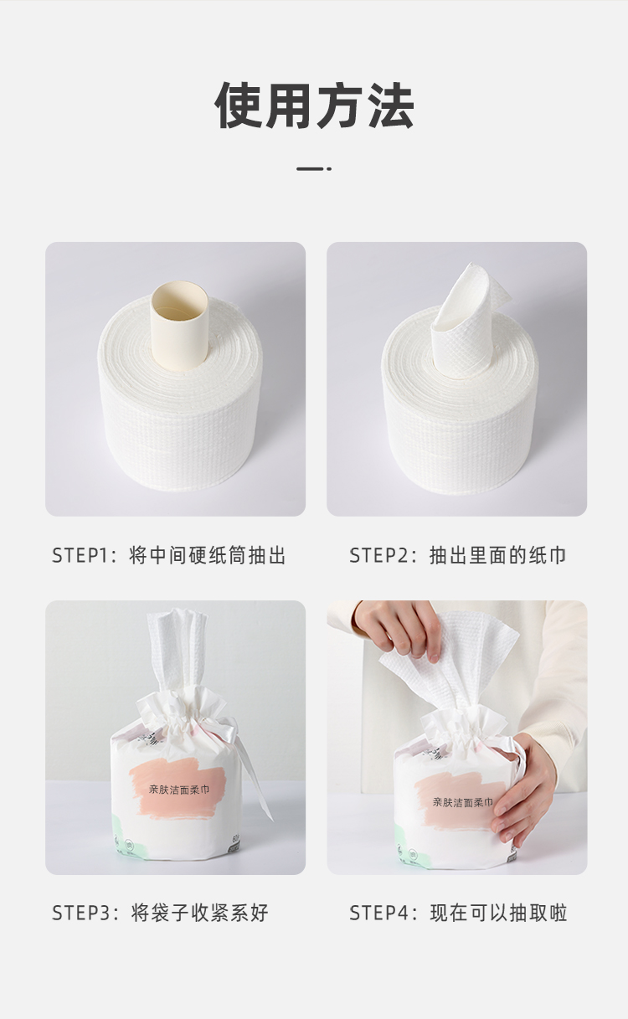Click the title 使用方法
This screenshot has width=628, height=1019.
(314, 106)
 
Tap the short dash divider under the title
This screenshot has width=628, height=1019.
(314, 169)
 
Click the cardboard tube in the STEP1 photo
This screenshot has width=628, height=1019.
(179, 327)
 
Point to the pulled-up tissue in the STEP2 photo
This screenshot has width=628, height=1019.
(466, 318)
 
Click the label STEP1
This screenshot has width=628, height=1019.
(83, 556)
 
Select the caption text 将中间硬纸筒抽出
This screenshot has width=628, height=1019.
(208, 556)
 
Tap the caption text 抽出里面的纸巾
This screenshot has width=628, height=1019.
(498, 556)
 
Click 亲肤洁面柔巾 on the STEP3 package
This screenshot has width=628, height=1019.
(179, 790)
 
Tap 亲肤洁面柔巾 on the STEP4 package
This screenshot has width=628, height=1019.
(463, 801)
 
